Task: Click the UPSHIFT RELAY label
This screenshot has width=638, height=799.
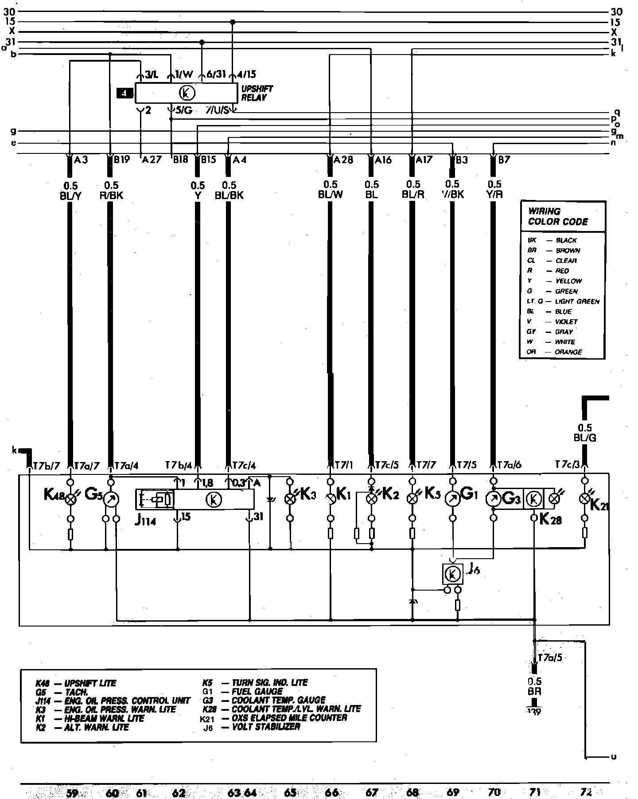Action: point(257,93)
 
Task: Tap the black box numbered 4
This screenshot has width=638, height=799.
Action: point(124,93)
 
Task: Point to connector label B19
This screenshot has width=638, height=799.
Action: point(121,160)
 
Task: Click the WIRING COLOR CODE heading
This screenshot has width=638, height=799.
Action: point(557,216)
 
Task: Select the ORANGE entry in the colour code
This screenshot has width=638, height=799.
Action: point(568,352)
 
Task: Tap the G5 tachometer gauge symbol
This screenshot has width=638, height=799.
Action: point(111,500)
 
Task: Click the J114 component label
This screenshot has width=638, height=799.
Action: point(145,521)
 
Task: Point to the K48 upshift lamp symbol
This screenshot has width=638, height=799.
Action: point(70,500)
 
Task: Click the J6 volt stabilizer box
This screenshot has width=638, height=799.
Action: point(452,574)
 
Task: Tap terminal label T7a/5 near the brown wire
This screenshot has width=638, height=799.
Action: point(549,658)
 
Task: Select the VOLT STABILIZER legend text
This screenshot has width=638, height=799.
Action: point(266,727)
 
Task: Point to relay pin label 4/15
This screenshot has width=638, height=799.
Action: point(246,74)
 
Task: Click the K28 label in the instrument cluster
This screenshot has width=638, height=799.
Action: point(551,519)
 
